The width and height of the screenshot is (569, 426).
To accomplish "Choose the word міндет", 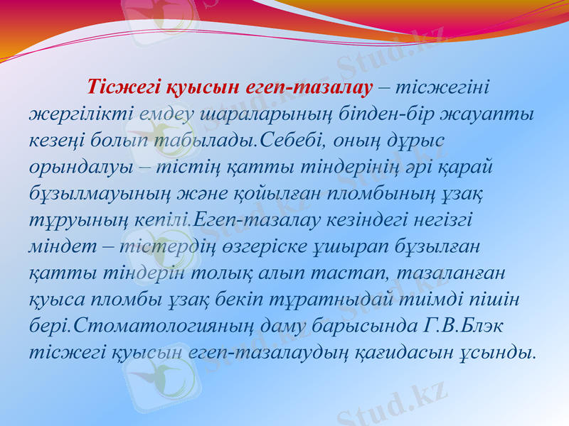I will [x=58, y=246].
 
